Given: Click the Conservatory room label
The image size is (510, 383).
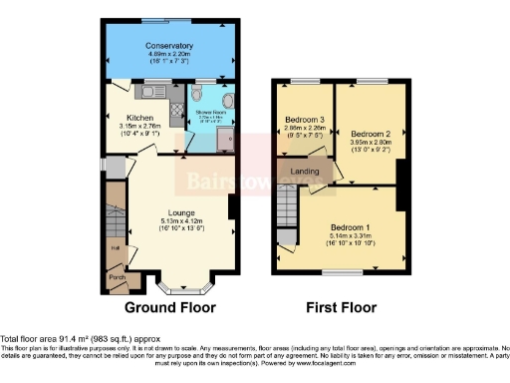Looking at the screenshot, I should [x=168, y=46].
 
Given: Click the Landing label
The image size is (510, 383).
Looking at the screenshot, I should [x=304, y=172].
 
